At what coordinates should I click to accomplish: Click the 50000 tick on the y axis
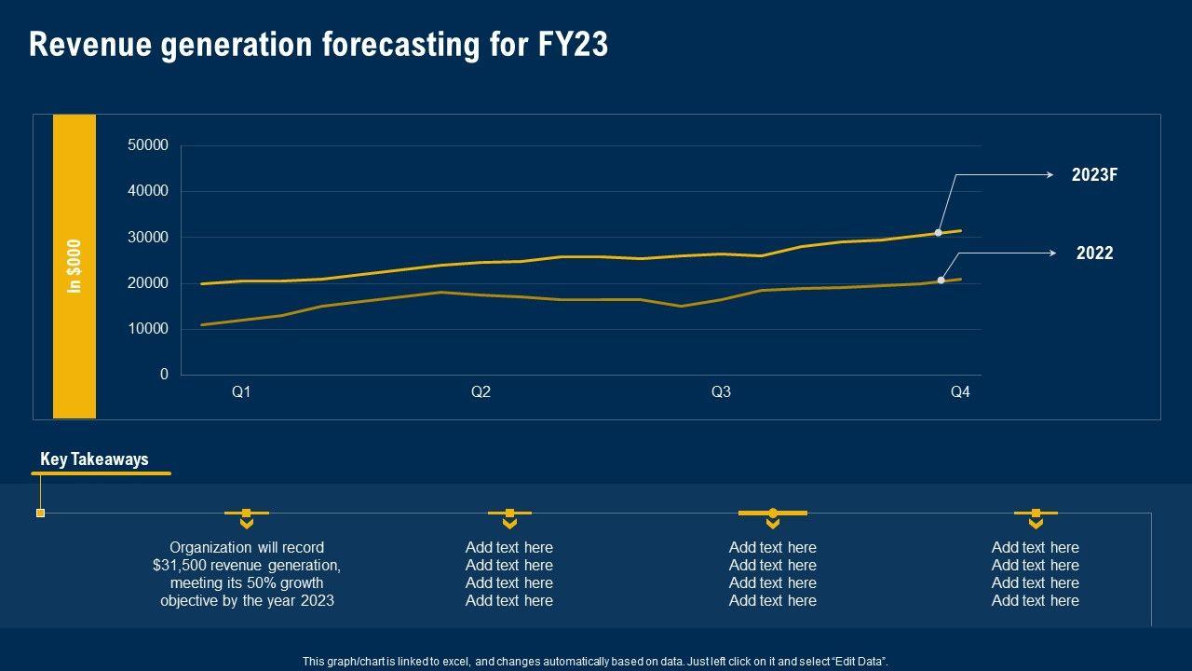pyautogui.click(x=149, y=145)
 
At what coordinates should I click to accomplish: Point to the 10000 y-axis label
pyautogui.click(x=149, y=329)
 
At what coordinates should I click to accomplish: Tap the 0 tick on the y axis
pyautogui.click(x=164, y=375)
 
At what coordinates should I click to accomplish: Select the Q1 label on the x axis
pyautogui.click(x=241, y=392)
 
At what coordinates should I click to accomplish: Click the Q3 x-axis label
pyautogui.click(x=721, y=392)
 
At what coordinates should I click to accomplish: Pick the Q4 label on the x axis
pyautogui.click(x=960, y=392)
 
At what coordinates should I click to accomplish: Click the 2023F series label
pyautogui.click(x=1094, y=175)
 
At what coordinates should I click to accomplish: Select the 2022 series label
pyautogui.click(x=1094, y=253)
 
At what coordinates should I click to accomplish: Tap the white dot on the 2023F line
pyautogui.click(x=938, y=232)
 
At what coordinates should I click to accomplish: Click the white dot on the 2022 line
pyautogui.click(x=941, y=280)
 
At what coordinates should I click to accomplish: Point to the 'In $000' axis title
pyautogui.click(x=74, y=267)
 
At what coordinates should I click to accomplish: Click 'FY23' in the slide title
pyautogui.click(x=573, y=45)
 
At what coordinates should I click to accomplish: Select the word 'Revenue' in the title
pyautogui.click(x=89, y=45)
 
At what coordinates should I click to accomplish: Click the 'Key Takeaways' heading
pyautogui.click(x=94, y=459)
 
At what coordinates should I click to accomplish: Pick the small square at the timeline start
pyautogui.click(x=40, y=513)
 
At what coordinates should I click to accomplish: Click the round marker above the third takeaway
pyautogui.click(x=772, y=513)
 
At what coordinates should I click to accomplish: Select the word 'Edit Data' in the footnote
pyautogui.click(x=856, y=662)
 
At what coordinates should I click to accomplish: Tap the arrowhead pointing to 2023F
pyautogui.click(x=1050, y=174)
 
